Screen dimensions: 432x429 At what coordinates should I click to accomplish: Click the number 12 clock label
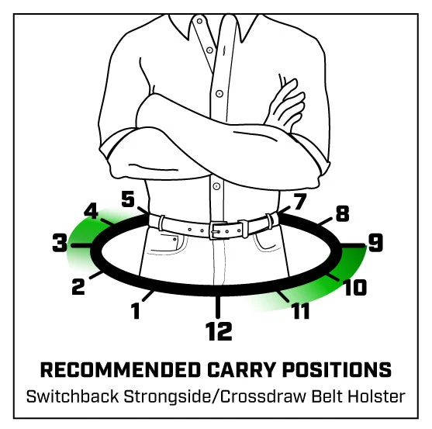(219, 331)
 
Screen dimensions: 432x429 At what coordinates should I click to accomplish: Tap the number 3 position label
(60, 243)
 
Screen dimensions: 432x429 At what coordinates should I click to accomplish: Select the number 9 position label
(376, 243)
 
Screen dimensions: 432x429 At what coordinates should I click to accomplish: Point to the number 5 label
(128, 199)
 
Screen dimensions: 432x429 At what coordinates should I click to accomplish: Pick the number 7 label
(300, 202)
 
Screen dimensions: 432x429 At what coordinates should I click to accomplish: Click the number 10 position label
(355, 287)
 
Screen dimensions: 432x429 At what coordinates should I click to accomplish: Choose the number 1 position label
(135, 310)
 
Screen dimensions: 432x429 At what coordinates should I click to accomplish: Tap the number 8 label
(343, 213)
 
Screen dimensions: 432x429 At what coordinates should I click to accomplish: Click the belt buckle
(218, 230)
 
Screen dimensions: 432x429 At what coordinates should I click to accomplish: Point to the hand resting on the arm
(285, 102)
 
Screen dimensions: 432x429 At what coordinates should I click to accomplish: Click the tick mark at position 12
(218, 306)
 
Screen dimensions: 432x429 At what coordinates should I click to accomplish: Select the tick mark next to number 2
(96, 275)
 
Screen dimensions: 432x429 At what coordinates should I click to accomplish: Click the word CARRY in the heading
(241, 369)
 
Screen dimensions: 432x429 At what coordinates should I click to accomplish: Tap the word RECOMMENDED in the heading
(120, 369)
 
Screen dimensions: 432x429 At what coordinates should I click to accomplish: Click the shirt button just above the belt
(216, 186)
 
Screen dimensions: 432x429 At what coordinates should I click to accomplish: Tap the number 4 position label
(92, 211)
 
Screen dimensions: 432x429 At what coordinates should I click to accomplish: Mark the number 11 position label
(301, 310)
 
